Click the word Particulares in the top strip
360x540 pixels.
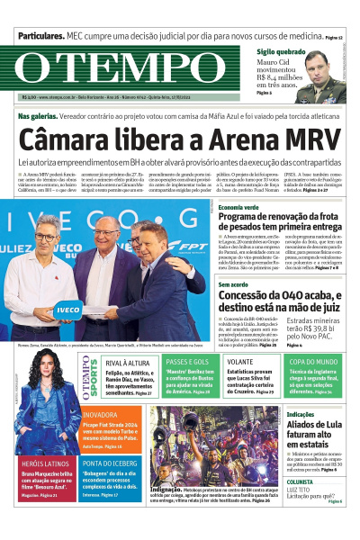coord(40,38)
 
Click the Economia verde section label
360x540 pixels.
coord(238,207)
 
